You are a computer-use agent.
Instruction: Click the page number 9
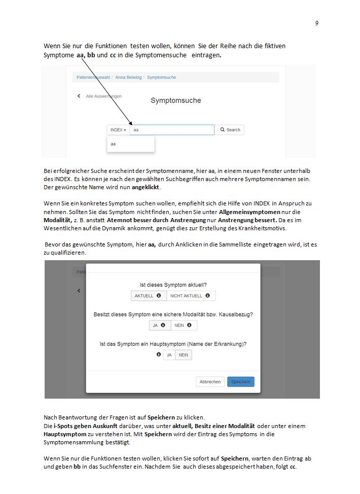pos(317,23)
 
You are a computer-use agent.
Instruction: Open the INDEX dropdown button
pos(118,130)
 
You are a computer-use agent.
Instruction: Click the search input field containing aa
pos(172,130)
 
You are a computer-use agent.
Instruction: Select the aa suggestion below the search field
pos(114,144)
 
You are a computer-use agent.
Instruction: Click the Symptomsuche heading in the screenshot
pos(176,100)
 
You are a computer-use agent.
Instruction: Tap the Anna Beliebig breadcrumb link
pos(128,78)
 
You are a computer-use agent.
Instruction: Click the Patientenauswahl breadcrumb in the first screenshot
pos(93,78)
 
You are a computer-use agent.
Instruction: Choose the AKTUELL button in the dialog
pos(148,296)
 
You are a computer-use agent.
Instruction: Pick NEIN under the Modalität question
pos(183,326)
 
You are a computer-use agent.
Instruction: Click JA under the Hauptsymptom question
pos(169,355)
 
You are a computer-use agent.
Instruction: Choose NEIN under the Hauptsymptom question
pos(184,355)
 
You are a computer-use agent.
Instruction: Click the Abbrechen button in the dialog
pos(210,382)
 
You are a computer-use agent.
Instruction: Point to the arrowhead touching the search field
pos(131,124)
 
